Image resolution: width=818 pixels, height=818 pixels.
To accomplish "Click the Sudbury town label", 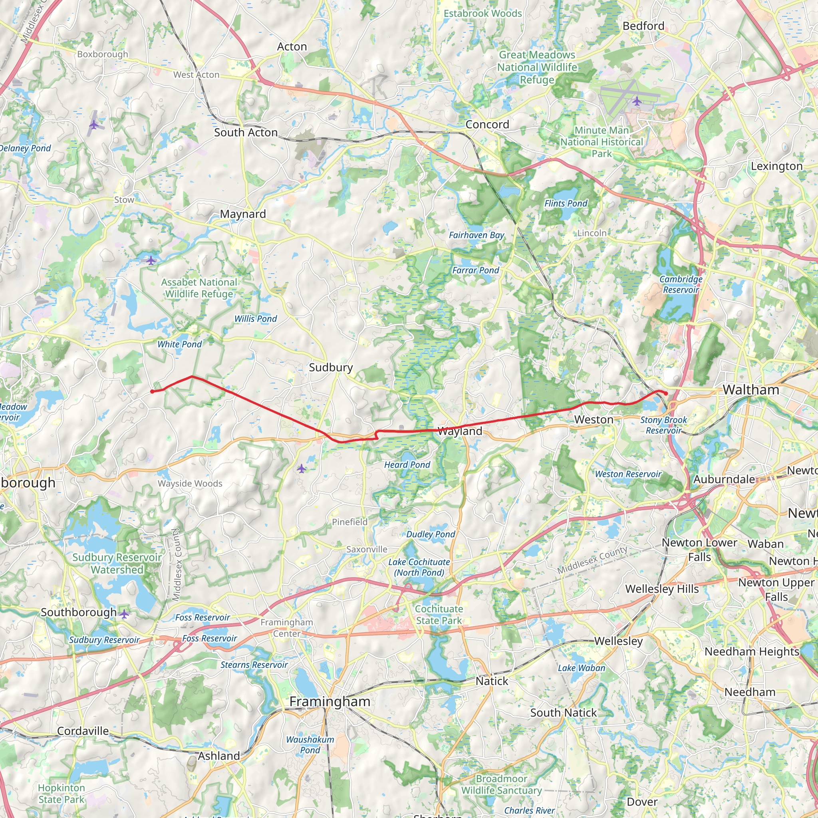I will (x=331, y=367).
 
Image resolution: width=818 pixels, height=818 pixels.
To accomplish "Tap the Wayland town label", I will (x=459, y=431).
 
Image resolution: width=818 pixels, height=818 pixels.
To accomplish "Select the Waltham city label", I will (x=750, y=390).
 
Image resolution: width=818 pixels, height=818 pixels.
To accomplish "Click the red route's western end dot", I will (x=152, y=391).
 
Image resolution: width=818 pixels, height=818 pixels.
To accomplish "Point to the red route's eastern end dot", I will (x=666, y=393).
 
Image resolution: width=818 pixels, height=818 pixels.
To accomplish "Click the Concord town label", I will (x=487, y=125).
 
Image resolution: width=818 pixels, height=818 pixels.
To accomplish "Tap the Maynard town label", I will (x=242, y=214).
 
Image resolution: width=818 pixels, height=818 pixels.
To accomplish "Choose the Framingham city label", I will (x=330, y=701).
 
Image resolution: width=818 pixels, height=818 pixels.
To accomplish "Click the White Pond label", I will (x=179, y=344).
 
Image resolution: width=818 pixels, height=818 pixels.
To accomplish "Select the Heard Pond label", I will (x=407, y=465).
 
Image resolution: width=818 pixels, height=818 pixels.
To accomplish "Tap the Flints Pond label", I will (x=566, y=204).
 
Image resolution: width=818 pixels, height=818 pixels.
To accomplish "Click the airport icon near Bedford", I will (x=636, y=101).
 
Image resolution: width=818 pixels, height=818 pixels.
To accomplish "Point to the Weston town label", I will (x=594, y=420).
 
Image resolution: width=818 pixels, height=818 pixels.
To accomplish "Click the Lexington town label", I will (x=776, y=167).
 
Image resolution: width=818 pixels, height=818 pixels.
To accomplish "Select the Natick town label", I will (x=492, y=681).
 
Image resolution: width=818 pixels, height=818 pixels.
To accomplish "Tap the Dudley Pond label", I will (x=431, y=534).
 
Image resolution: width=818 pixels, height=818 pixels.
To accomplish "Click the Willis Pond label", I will (x=256, y=319).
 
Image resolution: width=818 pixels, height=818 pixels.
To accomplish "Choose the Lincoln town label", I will (x=592, y=233).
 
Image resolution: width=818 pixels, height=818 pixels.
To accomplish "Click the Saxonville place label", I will (x=367, y=550).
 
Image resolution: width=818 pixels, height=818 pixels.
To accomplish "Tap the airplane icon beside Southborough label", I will (x=124, y=614).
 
